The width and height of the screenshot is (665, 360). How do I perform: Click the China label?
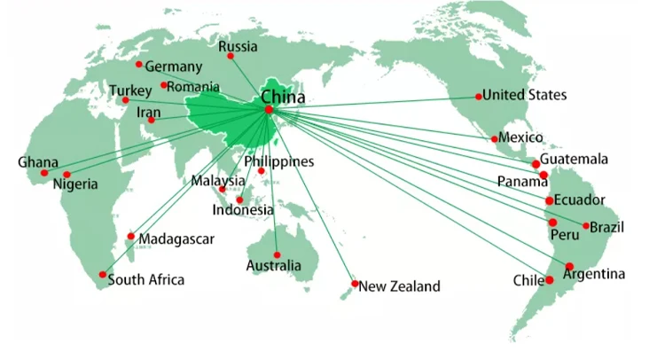283,96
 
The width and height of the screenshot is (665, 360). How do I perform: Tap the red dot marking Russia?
231,56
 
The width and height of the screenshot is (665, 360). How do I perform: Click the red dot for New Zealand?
355,284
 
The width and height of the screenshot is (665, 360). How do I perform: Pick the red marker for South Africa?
103,274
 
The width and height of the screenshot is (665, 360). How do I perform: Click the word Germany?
174,67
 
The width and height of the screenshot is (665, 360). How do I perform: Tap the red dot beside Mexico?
494,138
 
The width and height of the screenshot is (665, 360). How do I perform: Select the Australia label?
274,265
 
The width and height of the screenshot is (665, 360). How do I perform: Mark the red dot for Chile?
550,280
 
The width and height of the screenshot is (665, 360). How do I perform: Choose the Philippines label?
279,161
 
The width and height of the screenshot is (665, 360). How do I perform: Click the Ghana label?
38,162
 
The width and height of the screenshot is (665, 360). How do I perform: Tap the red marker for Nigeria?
67,174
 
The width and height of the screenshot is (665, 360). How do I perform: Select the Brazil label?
606,228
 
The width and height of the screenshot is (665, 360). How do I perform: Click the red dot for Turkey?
124,99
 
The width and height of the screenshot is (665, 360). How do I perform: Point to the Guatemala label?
576,160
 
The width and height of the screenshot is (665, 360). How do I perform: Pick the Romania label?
195,86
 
